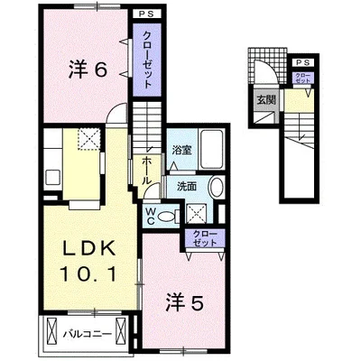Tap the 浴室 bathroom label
click(x=180, y=151)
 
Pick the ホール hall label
click(x=145, y=167)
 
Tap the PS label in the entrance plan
click(x=298, y=60)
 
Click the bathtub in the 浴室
click(x=212, y=147)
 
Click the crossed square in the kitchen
click(x=88, y=140)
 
